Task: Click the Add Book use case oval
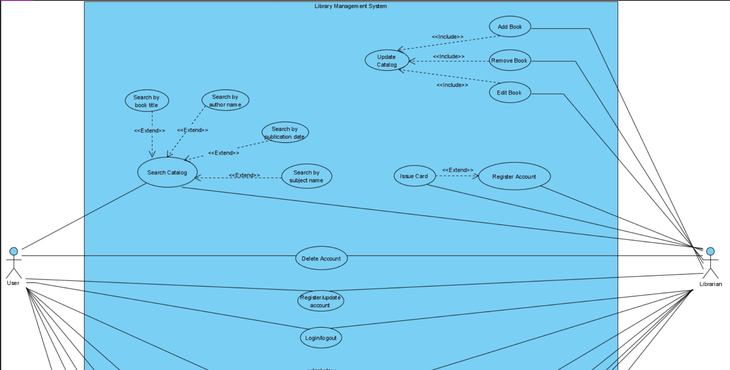click(x=510, y=27)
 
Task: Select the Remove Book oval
click(x=509, y=60)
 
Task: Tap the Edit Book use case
click(x=509, y=93)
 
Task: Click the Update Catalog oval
click(x=387, y=60)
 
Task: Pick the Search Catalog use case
click(x=167, y=172)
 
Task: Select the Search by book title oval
click(x=147, y=101)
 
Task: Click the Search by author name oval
click(x=225, y=100)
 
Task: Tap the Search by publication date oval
click(x=285, y=132)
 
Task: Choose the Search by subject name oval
click(x=306, y=176)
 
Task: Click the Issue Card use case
click(x=414, y=176)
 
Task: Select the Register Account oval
click(x=514, y=176)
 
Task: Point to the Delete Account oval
click(x=321, y=258)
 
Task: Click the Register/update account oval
click(x=320, y=301)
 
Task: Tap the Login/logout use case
click(x=321, y=338)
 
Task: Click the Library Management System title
click(x=350, y=6)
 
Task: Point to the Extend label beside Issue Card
click(x=458, y=170)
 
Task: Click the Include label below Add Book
click(x=447, y=37)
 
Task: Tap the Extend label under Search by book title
click(x=149, y=130)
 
